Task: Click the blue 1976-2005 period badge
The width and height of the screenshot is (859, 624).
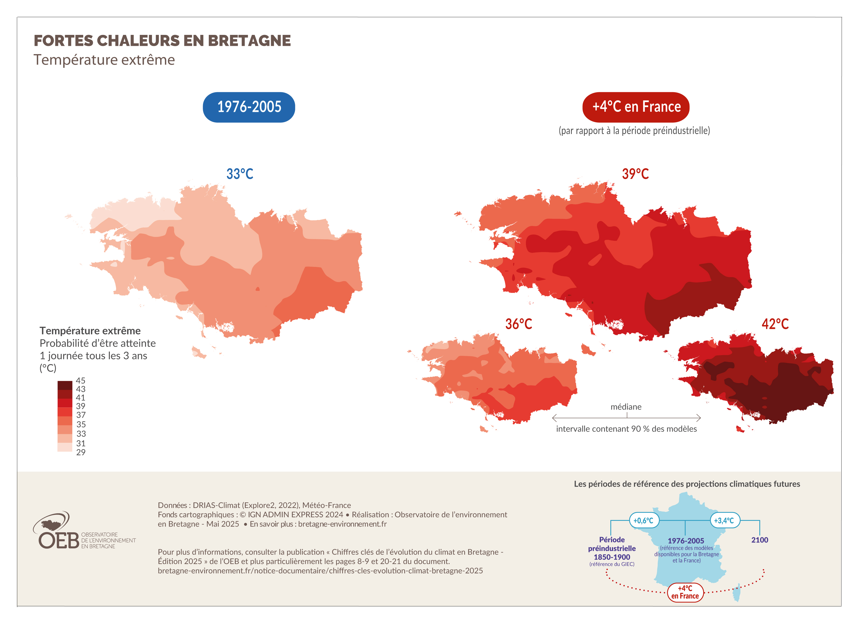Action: (x=249, y=107)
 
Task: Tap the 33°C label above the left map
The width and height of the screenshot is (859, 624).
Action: (x=240, y=174)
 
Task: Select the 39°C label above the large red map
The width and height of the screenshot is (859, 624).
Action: (x=635, y=174)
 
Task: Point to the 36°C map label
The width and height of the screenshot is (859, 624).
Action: (x=518, y=324)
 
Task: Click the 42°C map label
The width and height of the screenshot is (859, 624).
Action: (x=775, y=324)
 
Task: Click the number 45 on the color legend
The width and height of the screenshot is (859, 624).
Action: (x=81, y=380)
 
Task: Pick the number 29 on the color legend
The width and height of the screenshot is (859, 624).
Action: (x=81, y=452)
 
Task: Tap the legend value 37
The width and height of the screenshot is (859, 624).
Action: (x=81, y=415)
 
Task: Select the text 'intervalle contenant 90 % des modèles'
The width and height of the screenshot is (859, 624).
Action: (x=626, y=429)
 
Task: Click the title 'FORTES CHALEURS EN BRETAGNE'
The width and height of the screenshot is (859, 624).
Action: (x=162, y=41)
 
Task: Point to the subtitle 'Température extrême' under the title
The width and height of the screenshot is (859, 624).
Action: (x=104, y=60)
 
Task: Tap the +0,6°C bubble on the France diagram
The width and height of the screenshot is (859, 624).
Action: (x=644, y=521)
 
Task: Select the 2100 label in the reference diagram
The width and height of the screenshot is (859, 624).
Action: (x=759, y=540)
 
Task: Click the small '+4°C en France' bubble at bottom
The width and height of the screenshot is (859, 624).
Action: (x=685, y=592)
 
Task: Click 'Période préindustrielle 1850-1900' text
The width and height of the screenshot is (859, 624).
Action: (x=612, y=548)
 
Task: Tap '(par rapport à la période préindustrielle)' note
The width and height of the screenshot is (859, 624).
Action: (x=634, y=131)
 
